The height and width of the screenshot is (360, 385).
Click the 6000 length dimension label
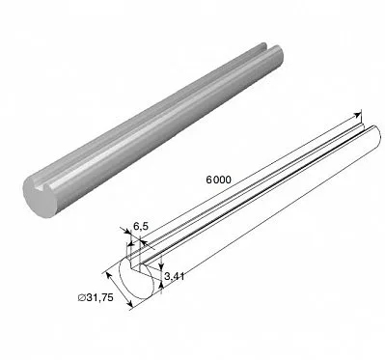coord(218,180)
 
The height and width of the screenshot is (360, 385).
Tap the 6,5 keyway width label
coord(141,226)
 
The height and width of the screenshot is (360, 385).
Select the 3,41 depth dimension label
coord(175,276)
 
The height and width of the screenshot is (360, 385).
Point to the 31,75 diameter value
coord(100,298)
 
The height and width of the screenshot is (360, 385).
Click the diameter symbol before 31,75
coord(81,298)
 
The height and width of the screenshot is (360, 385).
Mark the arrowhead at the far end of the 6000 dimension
coord(357,115)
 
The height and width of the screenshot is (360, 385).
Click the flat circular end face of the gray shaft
coord(41,197)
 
